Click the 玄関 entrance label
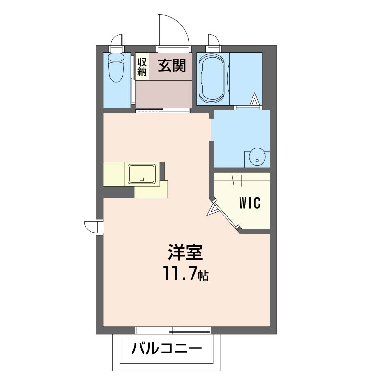click(172, 65)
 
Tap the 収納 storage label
click(142, 67)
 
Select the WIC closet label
click(250, 203)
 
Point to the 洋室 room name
click(185, 252)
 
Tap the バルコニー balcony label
click(167, 348)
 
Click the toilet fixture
click(116, 67)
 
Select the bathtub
click(212, 78)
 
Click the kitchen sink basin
click(142, 174)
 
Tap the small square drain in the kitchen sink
click(141, 179)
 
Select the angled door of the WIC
click(226, 214)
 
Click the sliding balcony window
click(173, 330)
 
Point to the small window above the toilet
click(117, 41)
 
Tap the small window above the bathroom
click(214, 41)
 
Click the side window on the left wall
click(94, 227)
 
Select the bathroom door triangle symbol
click(255, 99)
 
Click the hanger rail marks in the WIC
click(237, 181)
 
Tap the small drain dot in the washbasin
click(257, 161)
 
